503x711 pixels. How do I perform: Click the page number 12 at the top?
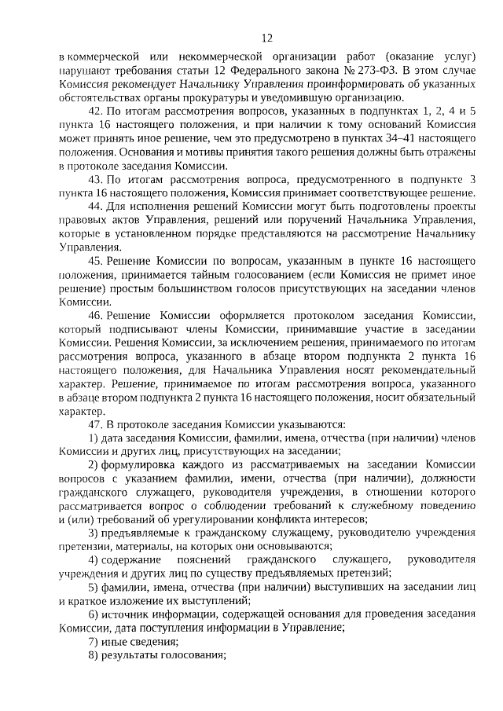[x=266, y=38]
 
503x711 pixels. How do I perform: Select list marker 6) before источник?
[x=92, y=614]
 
